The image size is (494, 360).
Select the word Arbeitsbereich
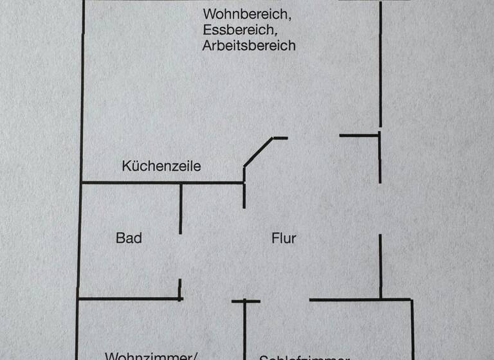pos(249,46)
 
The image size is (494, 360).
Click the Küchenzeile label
pos(161,166)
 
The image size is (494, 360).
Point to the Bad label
pos(129,238)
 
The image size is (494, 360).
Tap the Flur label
pos(284,238)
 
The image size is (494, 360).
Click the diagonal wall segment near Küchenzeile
pos(259,152)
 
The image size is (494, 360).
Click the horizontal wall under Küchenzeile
pos(161,183)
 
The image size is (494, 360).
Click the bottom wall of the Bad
pos(129,298)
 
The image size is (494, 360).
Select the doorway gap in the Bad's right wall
pos(181,257)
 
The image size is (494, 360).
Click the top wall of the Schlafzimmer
pos(360,299)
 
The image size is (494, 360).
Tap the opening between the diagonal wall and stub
pos(313,136)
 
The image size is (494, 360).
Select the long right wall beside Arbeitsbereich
pos(381,64)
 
